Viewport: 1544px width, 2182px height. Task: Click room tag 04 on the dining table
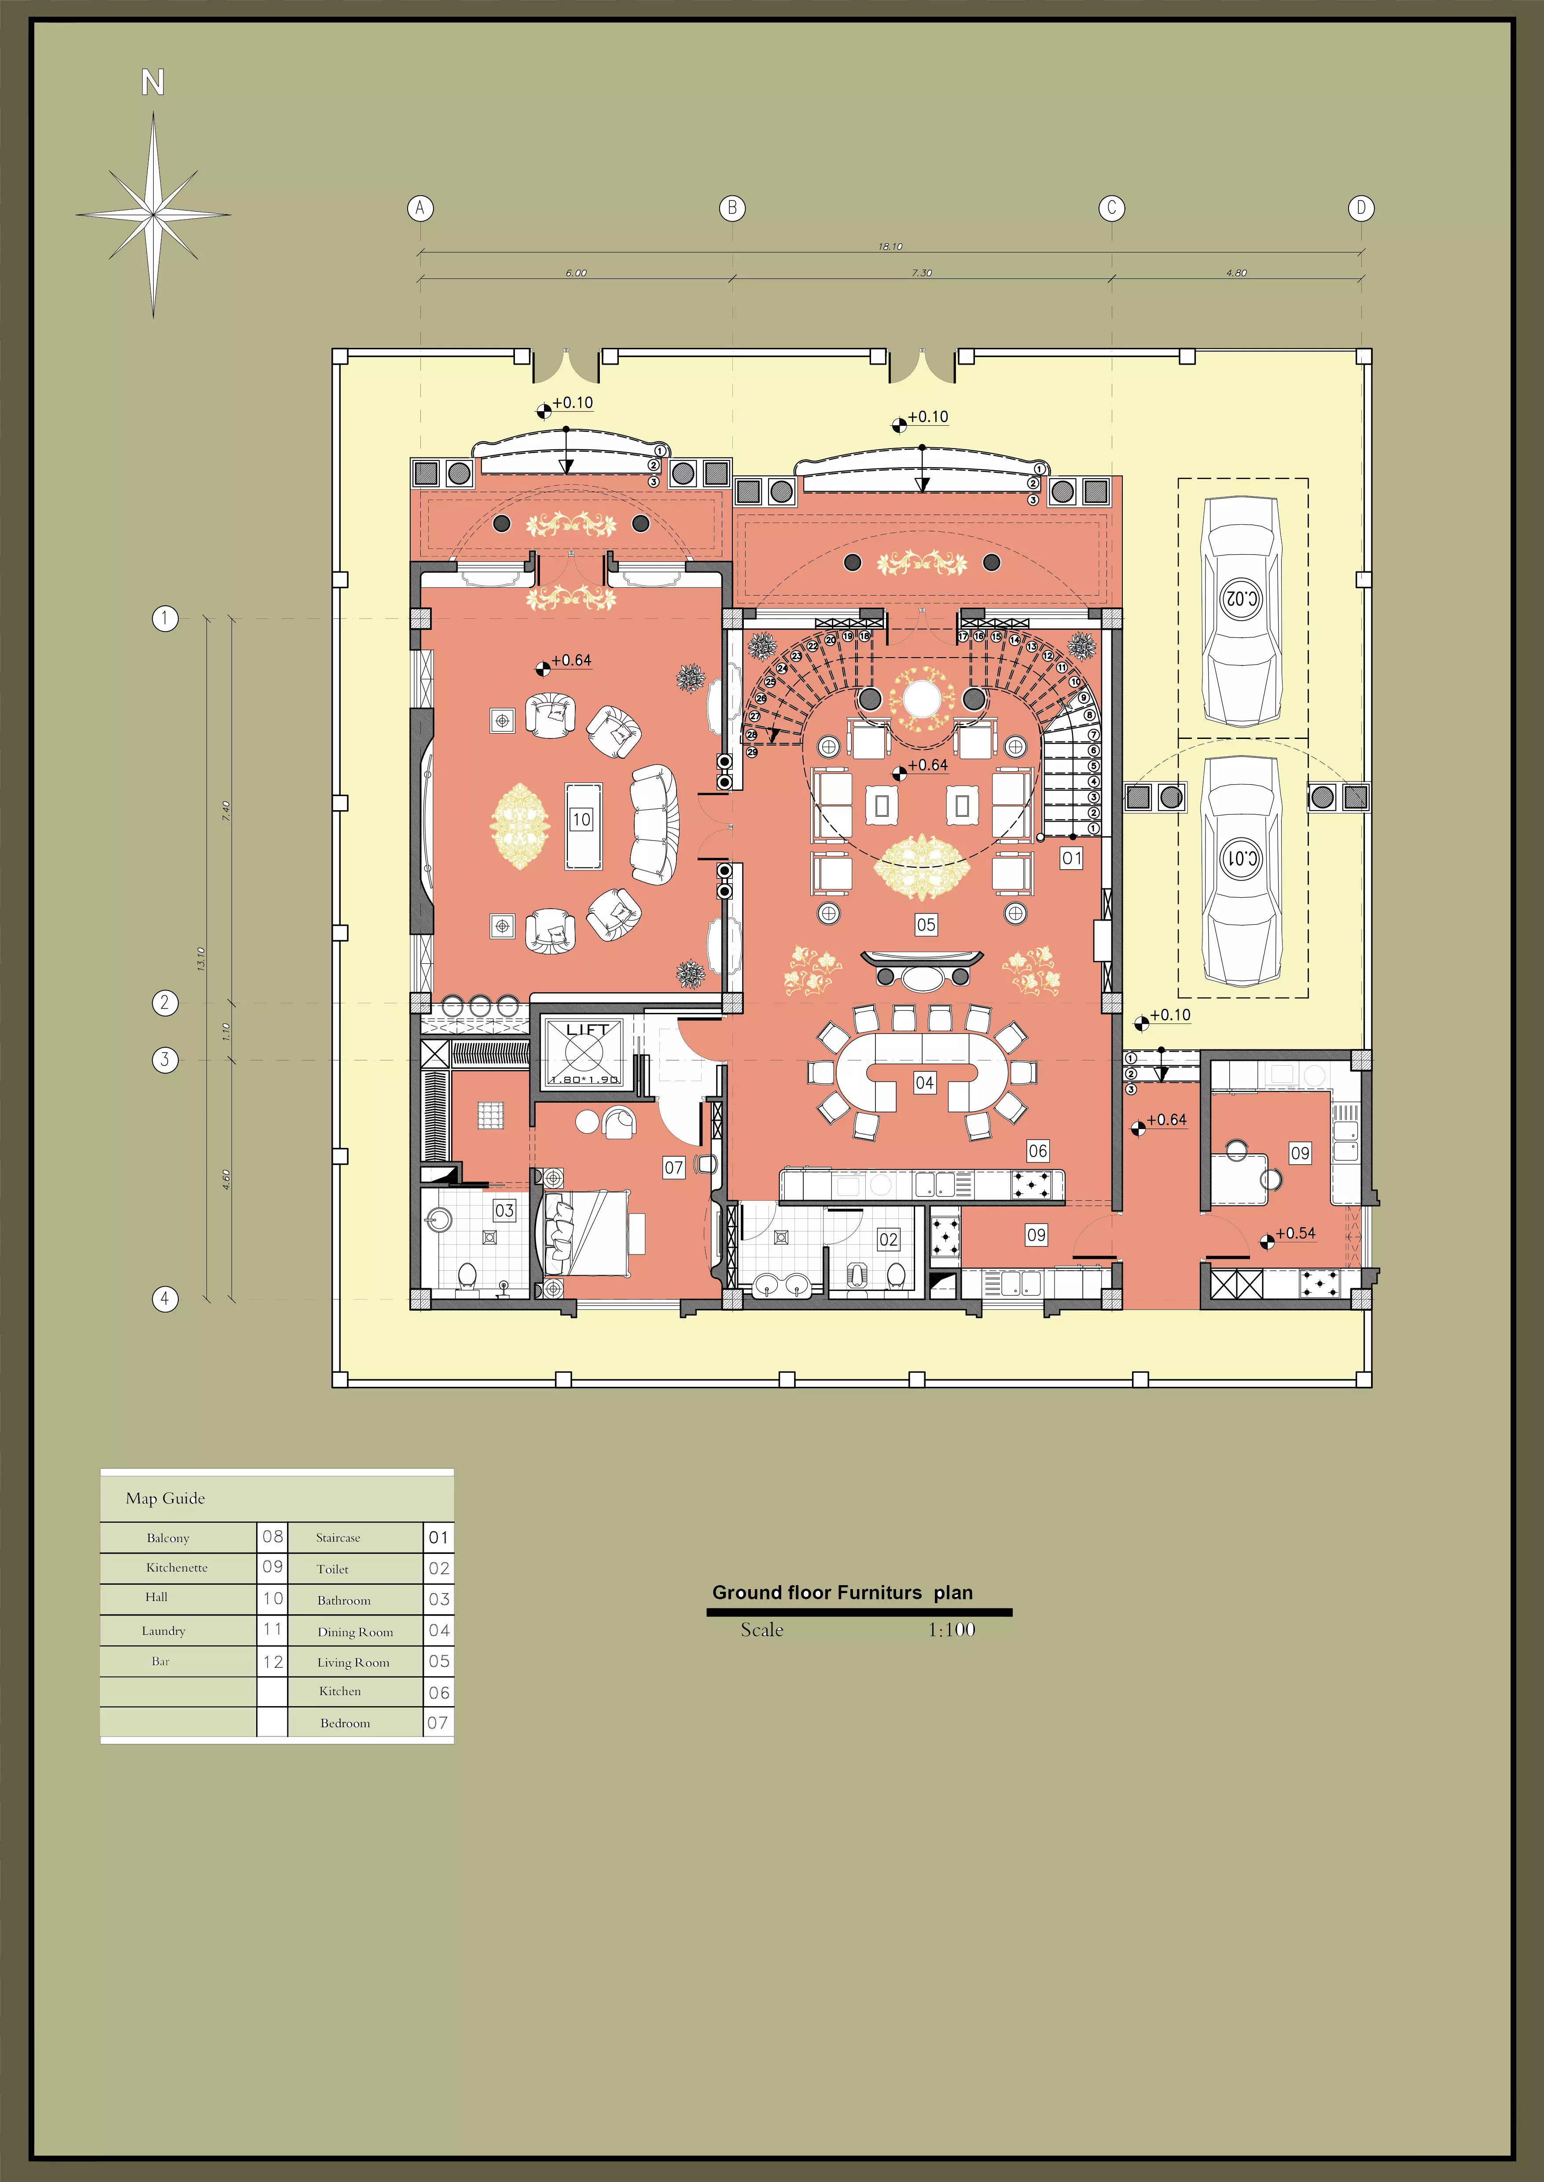(924, 1082)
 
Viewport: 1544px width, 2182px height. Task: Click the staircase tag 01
(1071, 858)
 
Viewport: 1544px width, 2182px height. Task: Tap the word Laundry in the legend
(164, 1631)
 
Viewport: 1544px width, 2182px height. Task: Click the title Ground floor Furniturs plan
(842, 1593)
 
